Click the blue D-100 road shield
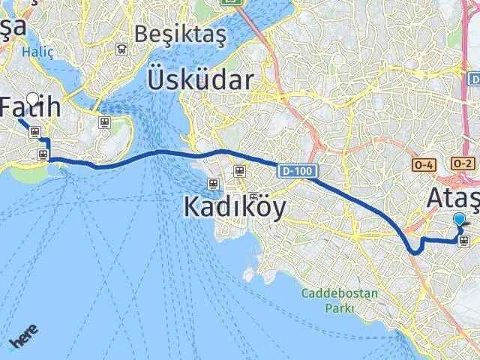[293, 171]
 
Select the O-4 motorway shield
[424, 164]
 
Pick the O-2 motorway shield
[463, 164]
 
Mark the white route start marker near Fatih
[32, 98]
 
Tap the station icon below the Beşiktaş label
[122, 49]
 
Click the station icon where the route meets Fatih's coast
[43, 154]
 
